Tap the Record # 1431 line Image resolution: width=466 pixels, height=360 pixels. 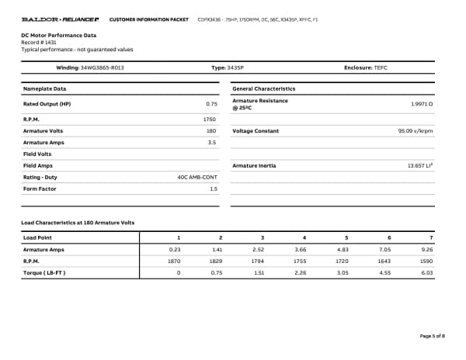point(39,42)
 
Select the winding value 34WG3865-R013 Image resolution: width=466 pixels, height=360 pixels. point(102,68)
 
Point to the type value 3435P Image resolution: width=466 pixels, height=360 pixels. point(235,68)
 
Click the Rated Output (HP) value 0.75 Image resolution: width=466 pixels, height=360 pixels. point(211,103)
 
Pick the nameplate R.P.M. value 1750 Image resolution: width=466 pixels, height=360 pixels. point(209,120)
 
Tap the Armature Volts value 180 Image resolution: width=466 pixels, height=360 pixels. point(211,131)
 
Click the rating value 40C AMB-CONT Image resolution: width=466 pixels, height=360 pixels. point(197,177)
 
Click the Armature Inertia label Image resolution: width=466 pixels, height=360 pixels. point(256,166)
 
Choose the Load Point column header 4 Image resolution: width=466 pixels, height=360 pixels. point(304,237)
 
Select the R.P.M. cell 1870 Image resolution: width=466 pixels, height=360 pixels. point(175,261)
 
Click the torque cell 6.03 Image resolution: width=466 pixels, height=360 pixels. point(426,273)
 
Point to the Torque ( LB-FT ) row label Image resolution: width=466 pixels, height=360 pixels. point(45,273)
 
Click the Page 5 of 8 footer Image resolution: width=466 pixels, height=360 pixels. point(432,335)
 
